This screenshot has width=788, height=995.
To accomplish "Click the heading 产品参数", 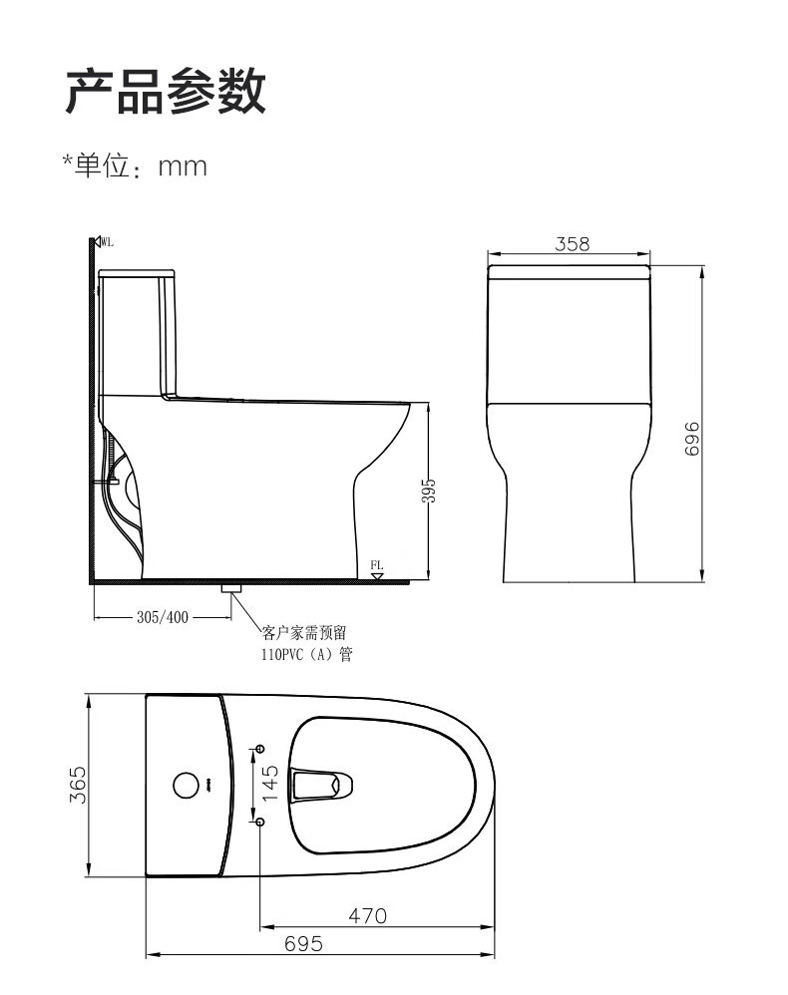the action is tap(166, 92).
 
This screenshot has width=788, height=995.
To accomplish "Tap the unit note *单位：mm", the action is tap(135, 166).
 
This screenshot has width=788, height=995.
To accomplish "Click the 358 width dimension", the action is tap(573, 243).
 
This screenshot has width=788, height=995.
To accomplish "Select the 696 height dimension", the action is tap(692, 438).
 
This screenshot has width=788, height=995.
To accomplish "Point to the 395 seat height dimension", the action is tap(429, 491).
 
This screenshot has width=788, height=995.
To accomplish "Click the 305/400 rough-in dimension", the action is tap(163, 617).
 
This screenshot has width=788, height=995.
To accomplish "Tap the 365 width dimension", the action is tap(78, 785).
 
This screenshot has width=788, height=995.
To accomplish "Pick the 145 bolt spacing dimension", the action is tap(270, 783).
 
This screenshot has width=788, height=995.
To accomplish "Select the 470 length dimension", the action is tap(368, 915).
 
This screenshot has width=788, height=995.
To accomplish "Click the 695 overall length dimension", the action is tap(303, 944).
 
